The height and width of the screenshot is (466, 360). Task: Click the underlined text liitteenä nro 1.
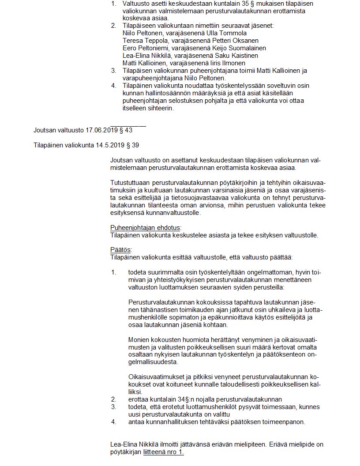163,452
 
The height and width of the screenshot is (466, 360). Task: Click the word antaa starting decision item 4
136,422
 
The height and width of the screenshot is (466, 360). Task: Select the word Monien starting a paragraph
138,339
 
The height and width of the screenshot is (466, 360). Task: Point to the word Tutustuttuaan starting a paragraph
130,183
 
